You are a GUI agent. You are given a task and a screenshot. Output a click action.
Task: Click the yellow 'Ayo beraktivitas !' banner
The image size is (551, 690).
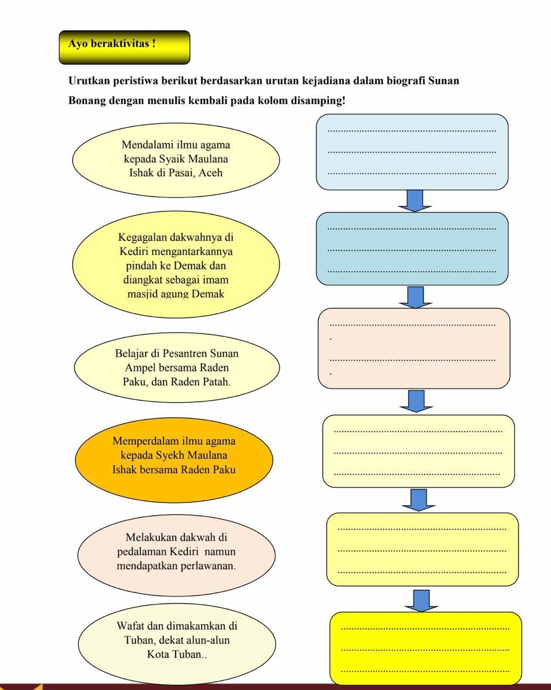[124, 47]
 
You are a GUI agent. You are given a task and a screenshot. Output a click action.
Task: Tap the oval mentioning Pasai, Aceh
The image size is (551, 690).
[176, 159]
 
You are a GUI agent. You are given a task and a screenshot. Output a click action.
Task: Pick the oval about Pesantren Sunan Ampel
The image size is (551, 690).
[176, 368]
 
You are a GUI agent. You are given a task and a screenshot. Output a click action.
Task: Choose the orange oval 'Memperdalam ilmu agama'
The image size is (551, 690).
[174, 456]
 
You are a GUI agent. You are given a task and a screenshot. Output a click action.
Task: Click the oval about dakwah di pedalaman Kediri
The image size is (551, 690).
[176, 551]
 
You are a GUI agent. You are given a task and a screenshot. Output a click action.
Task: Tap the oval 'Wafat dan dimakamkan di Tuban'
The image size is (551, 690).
[176, 640]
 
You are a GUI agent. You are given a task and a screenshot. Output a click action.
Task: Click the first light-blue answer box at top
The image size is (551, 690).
[412, 152]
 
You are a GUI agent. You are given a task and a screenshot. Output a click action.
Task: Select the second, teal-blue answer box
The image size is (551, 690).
[412, 249]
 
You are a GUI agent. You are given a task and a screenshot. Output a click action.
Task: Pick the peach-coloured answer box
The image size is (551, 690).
[414, 348]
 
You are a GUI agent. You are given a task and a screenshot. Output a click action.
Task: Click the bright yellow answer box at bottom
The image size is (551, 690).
[426, 648]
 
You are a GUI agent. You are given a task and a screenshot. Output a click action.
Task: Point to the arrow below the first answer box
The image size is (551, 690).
[414, 201]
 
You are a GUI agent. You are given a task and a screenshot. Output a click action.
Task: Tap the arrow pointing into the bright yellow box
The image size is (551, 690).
[421, 601]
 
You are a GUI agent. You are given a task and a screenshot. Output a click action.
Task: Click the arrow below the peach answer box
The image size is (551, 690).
[416, 401]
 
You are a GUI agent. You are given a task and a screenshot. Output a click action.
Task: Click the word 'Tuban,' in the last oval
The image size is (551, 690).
[139, 640]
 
